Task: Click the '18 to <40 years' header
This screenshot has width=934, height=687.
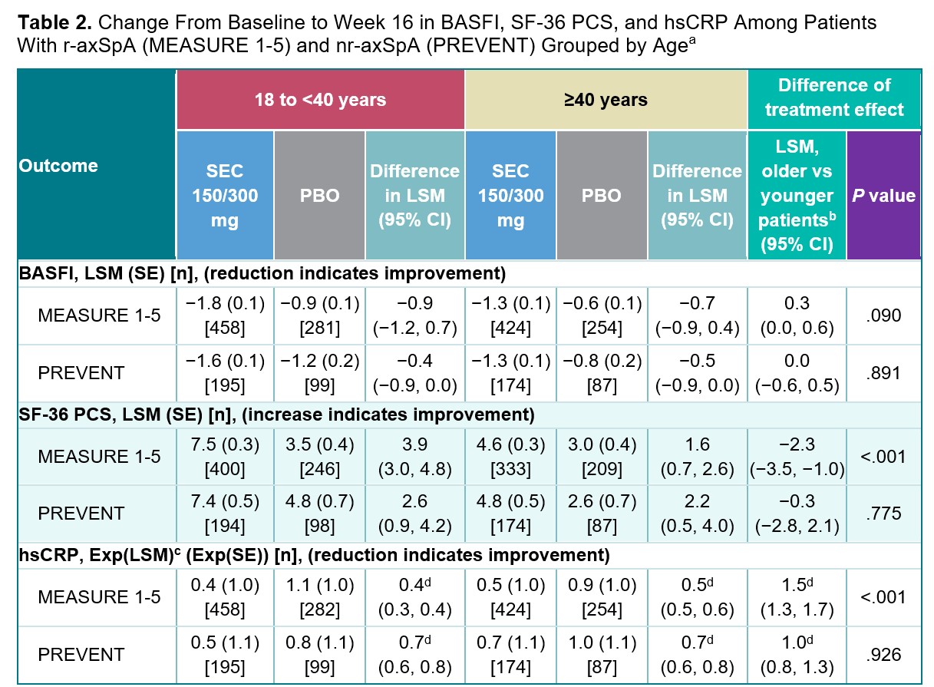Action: (x=320, y=100)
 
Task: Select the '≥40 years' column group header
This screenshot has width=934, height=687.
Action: (x=606, y=100)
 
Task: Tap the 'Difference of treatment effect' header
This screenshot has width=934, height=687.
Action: (x=833, y=97)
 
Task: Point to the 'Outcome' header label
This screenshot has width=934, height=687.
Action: (x=59, y=166)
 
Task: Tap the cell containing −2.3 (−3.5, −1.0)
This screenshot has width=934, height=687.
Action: (x=797, y=457)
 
